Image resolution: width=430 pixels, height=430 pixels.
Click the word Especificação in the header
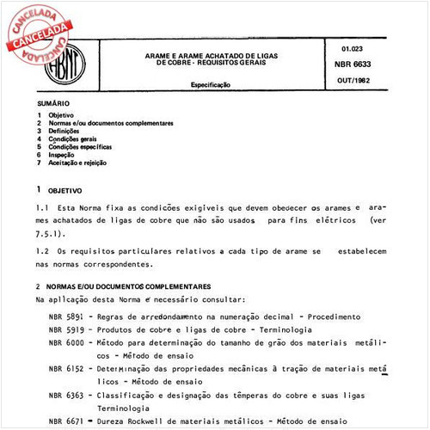click(215, 86)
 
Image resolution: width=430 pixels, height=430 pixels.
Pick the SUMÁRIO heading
click(53, 103)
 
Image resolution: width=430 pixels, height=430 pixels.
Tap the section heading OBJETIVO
click(65, 190)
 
